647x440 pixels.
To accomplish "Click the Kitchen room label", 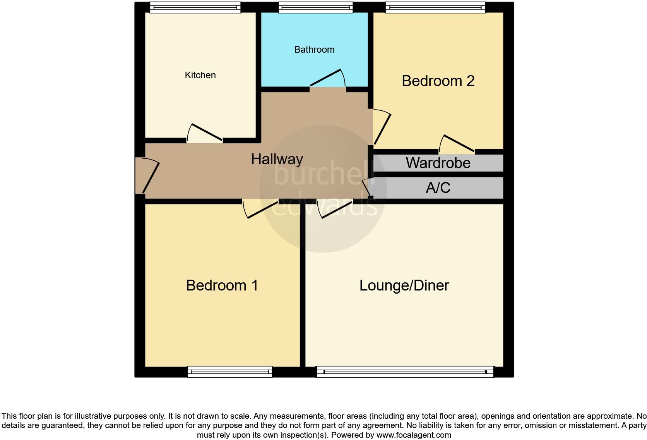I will coord(200,75).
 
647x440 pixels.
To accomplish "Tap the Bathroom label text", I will coord(314,50).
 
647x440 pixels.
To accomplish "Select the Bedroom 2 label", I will coord(438,81).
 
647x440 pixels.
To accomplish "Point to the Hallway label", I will coord(277,159).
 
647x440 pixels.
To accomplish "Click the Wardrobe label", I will coord(438,163).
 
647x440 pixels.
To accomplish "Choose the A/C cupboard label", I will coord(438,188).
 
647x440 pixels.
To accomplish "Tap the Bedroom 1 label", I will coord(222,285).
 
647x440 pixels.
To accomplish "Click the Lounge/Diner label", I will coord(404,285).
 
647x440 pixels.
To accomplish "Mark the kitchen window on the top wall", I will coord(195,7).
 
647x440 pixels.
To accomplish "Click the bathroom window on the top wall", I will coord(315,7).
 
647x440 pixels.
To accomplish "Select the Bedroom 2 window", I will coord(435,7).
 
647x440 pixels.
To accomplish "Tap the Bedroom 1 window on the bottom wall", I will coord(230,372).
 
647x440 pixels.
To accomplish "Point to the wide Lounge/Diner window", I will coord(405,372).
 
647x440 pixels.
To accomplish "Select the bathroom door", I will coord(327,79).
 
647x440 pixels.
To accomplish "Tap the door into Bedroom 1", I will coord(261,210).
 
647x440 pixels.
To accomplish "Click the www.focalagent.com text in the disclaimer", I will coord(414,435).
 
